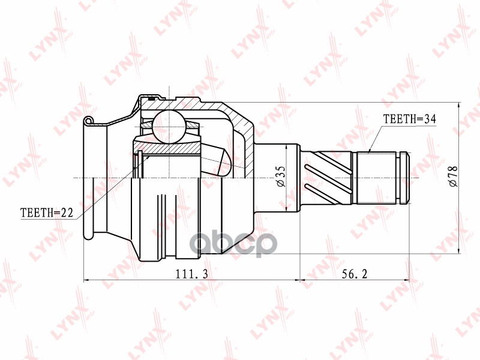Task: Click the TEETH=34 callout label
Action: pos(410,119)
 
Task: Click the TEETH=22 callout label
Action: pos(47,212)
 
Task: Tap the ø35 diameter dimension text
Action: pos(280,176)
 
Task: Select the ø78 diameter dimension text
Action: pos(452,176)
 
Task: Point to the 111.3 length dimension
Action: pos(191,274)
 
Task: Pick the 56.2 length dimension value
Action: pos(355,274)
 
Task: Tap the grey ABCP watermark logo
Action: pos(233,244)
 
